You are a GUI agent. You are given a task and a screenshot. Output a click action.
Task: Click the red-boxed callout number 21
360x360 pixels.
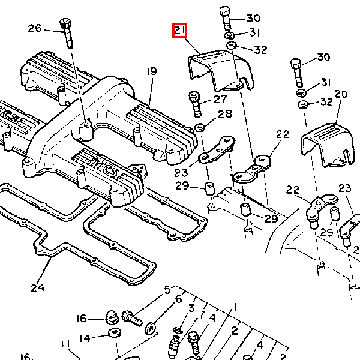click(x=180, y=30)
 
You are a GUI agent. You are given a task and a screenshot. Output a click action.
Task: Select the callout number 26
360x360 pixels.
click(x=35, y=28)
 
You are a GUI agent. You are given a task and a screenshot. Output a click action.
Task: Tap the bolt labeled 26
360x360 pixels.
click(x=67, y=33)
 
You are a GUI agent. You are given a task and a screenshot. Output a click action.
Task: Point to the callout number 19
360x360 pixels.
click(x=152, y=71)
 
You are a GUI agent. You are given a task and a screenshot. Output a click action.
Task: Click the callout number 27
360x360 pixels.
click(x=220, y=99)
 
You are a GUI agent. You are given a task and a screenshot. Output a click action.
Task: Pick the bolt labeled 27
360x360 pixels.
click(x=195, y=104)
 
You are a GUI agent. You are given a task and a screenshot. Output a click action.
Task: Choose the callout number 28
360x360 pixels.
click(x=225, y=114)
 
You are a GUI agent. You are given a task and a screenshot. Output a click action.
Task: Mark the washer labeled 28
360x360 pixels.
click(x=200, y=127)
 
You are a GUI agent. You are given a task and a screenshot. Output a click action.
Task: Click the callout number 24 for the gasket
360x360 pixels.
click(x=38, y=287)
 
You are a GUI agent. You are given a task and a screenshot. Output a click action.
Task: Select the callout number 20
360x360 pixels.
click(x=341, y=94)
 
